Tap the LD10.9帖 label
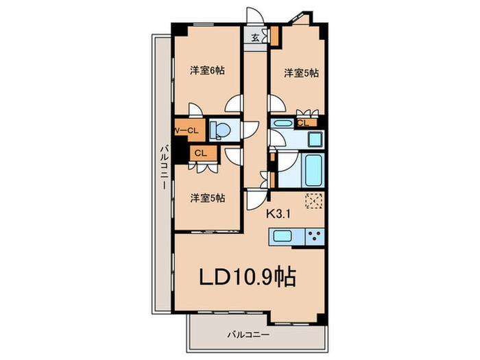pyautogui.click(x=248, y=277)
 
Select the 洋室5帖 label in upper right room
pyautogui.click(x=301, y=72)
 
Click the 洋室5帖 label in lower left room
pyautogui.click(x=208, y=198)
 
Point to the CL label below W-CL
pyautogui.click(x=200, y=154)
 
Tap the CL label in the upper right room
pyautogui.click(x=302, y=123)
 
